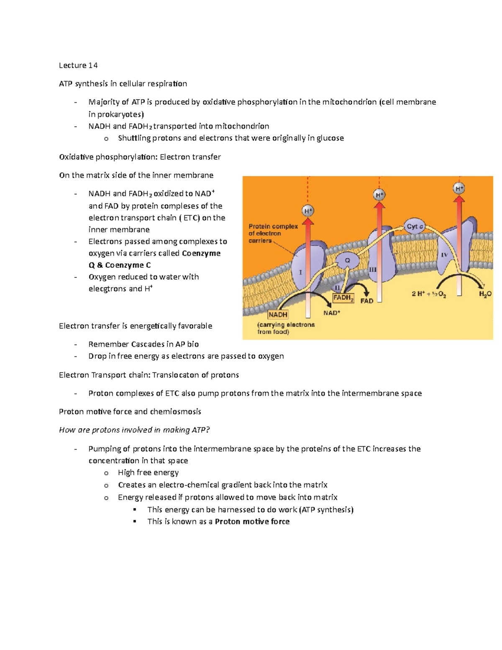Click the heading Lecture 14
78,65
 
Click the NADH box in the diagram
278,315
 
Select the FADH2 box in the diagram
343,298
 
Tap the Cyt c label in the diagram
415,226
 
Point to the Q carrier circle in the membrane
347,260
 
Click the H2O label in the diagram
485,294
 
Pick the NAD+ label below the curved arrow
332,313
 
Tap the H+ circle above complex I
308,211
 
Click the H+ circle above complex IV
459,188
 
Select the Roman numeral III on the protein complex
373,270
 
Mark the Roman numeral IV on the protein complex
444,255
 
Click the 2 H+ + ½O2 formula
429,294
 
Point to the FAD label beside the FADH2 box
367,301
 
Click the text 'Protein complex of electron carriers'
273,234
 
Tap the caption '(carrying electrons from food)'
286,328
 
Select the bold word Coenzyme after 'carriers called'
201,253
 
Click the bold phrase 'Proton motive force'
252,522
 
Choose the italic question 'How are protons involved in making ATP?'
134,430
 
